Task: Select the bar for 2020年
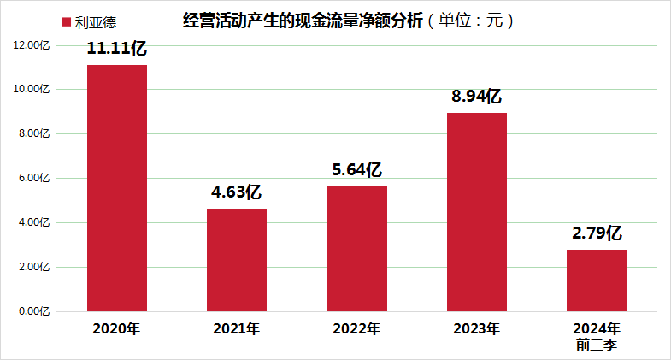[117, 188]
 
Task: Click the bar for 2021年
[237, 260]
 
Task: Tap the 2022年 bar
[357, 249]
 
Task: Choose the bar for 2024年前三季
[597, 280]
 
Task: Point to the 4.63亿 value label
[236, 192]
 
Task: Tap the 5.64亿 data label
[356, 170]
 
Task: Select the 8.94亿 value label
[476, 97]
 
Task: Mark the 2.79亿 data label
[597, 233]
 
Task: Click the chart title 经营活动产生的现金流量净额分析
[303, 21]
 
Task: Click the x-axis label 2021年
[237, 329]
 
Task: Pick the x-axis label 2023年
[477, 329]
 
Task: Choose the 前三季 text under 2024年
[597, 345]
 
